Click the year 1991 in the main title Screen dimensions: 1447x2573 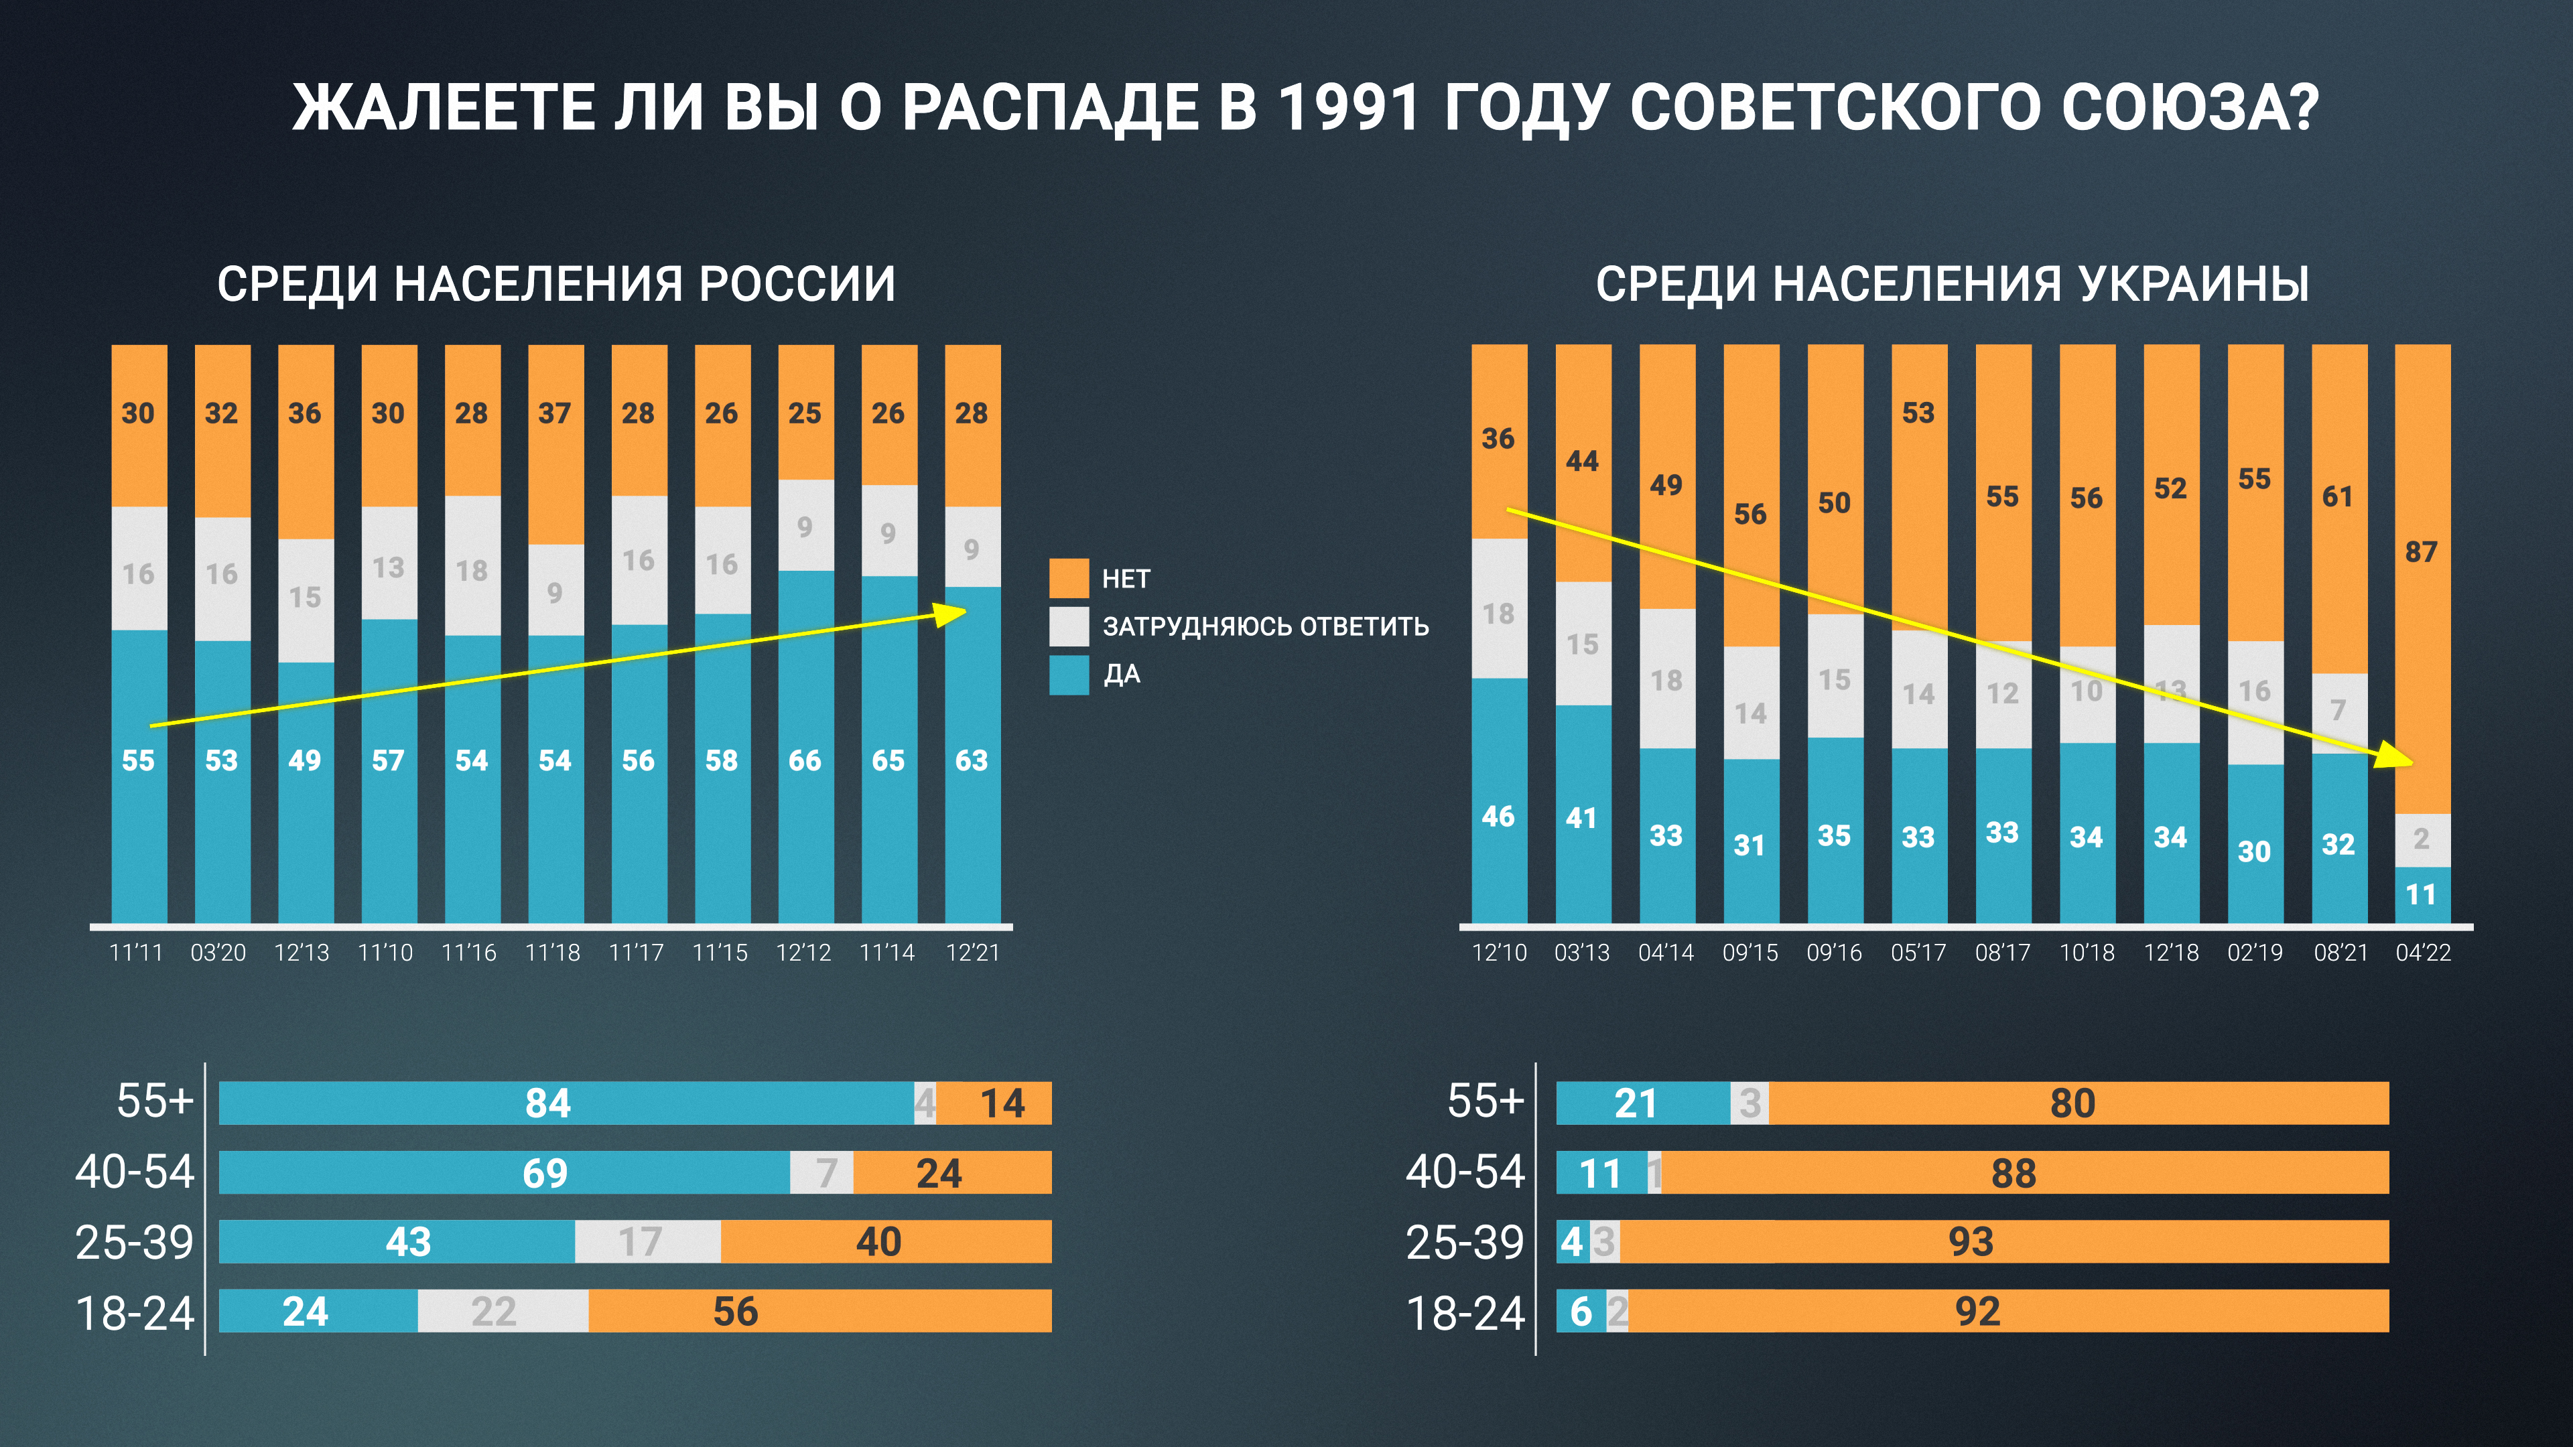click(x=1347, y=107)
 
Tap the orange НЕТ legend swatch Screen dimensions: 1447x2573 click(x=1068, y=578)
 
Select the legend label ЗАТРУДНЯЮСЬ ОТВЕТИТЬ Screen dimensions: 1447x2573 click(x=1264, y=626)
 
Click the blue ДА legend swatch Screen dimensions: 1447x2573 click(x=1068, y=674)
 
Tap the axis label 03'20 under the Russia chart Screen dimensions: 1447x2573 click(x=218, y=953)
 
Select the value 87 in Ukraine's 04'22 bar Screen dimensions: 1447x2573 click(x=2421, y=552)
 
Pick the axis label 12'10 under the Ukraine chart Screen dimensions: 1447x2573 click(x=1498, y=953)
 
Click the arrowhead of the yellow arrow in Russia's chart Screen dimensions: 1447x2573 click(x=952, y=613)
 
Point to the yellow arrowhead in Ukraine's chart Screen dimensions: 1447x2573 click(x=2396, y=756)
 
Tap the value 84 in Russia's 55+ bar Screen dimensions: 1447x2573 click(x=547, y=1103)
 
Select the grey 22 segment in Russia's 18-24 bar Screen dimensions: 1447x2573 click(x=493, y=1311)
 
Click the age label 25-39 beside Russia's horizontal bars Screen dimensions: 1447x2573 click(x=134, y=1242)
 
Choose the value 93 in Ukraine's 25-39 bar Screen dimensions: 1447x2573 click(x=1971, y=1242)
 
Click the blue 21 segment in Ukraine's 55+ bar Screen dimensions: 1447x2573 click(x=1635, y=1103)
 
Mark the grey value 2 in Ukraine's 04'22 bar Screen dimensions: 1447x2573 click(x=2421, y=839)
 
